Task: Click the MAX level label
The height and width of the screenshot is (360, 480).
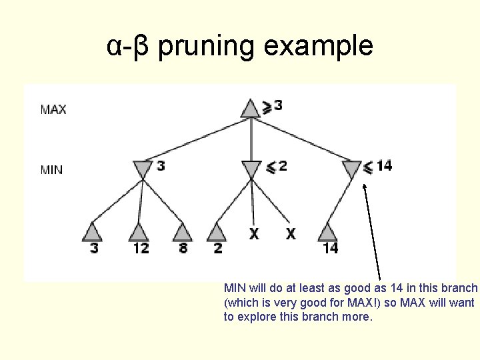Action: coord(53,109)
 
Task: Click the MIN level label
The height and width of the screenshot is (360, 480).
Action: coord(52,169)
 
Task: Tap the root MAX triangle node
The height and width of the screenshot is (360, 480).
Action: coord(250,108)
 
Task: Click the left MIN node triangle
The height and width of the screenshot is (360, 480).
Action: coord(143,169)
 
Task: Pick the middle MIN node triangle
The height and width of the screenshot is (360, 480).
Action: coord(251,169)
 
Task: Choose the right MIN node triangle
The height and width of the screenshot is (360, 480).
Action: coord(351,169)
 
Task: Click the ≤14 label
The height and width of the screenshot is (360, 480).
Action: coord(378,165)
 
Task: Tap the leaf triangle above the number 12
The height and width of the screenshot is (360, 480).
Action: coord(139,232)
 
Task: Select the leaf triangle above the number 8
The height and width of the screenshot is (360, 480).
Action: coord(183,232)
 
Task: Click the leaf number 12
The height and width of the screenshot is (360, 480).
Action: coord(140,248)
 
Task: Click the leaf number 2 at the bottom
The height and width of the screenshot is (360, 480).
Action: coord(218,248)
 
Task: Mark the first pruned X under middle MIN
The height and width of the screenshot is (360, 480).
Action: coord(254,233)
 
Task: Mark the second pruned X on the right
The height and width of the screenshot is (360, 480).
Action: coord(291,233)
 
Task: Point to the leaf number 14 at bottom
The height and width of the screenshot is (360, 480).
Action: coord(331,248)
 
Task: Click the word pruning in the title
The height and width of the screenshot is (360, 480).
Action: coord(207,47)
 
